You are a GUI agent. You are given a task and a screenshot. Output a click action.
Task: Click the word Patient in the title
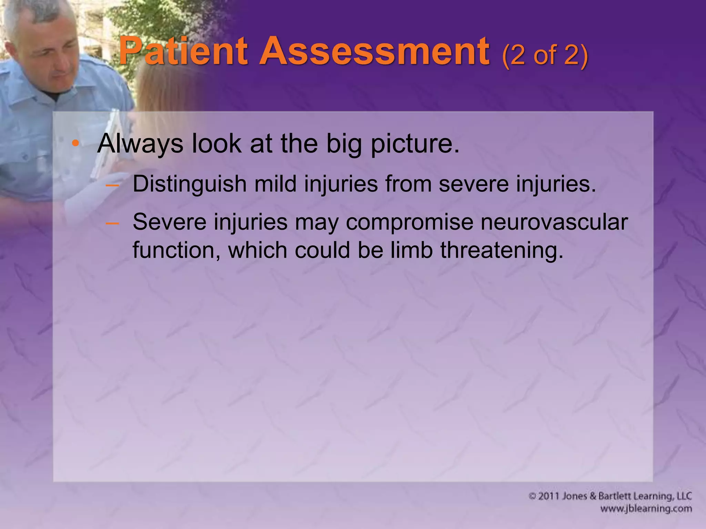(183, 52)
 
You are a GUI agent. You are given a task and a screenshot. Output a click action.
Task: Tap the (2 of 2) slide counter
(545, 55)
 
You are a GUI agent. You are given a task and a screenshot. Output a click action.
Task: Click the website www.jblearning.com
(646, 509)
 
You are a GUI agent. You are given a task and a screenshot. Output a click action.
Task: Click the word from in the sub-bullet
(408, 184)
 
